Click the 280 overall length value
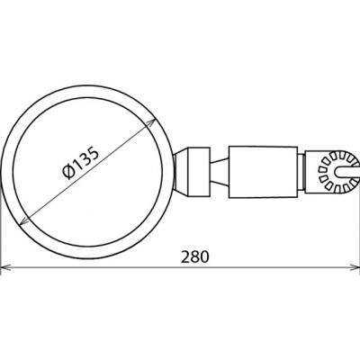(193, 256)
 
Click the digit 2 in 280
(184, 256)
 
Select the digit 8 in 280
(193, 256)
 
